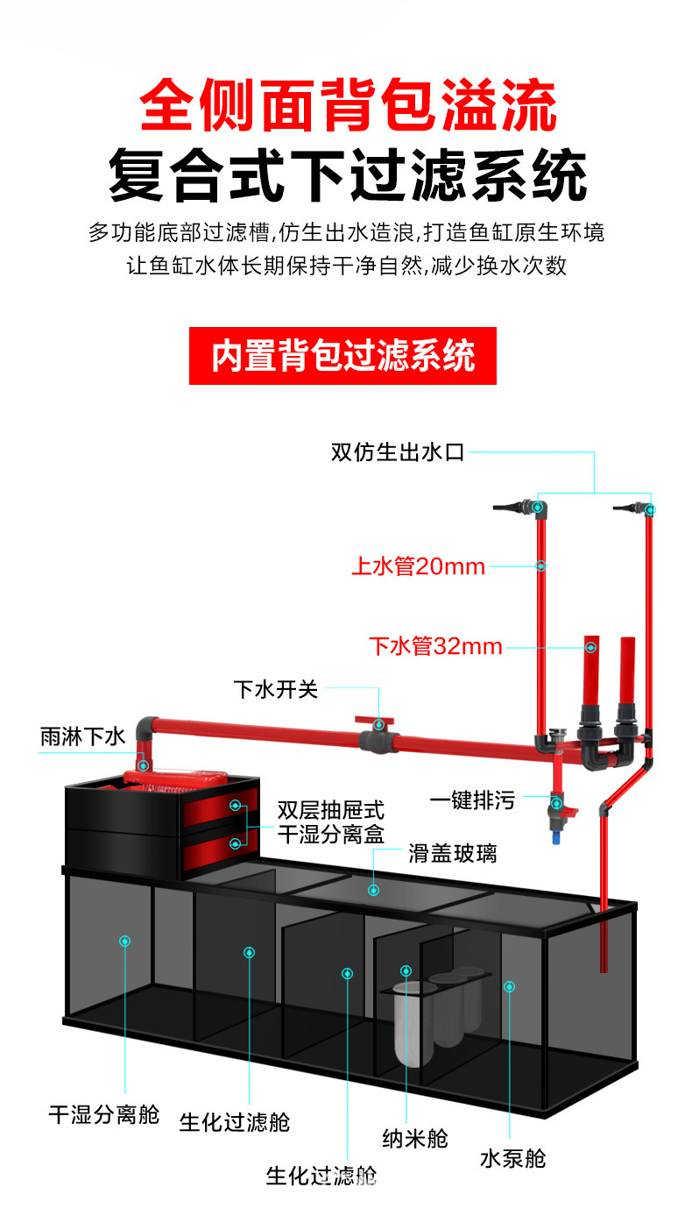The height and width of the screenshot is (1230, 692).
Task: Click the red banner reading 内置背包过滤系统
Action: tap(342, 356)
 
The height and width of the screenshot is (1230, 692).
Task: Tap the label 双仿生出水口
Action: tap(398, 452)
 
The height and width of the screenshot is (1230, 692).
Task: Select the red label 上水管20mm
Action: tap(418, 566)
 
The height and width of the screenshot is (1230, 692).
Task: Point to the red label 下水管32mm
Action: tap(435, 646)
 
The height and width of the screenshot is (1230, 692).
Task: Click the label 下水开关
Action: tap(276, 689)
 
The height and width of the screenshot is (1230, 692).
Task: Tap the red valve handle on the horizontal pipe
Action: tap(374, 721)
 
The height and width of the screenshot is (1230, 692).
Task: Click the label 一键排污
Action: tap(472, 800)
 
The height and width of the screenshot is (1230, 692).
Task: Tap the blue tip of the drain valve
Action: tap(556, 837)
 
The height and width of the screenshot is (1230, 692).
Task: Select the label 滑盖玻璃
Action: tap(452, 854)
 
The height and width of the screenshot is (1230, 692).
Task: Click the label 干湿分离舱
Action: tap(104, 1114)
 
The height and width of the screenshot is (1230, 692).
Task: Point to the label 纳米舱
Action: tap(415, 1138)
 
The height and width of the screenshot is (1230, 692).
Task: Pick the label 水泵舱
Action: tap(513, 1159)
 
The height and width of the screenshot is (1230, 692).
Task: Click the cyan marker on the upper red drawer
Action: tap(236, 805)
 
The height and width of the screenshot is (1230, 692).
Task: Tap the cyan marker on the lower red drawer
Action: tap(236, 843)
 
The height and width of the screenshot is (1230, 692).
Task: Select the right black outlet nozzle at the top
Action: tap(629, 508)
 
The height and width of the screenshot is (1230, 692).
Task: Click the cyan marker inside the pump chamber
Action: tap(509, 987)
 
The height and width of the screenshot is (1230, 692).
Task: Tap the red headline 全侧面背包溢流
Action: tap(349, 104)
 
